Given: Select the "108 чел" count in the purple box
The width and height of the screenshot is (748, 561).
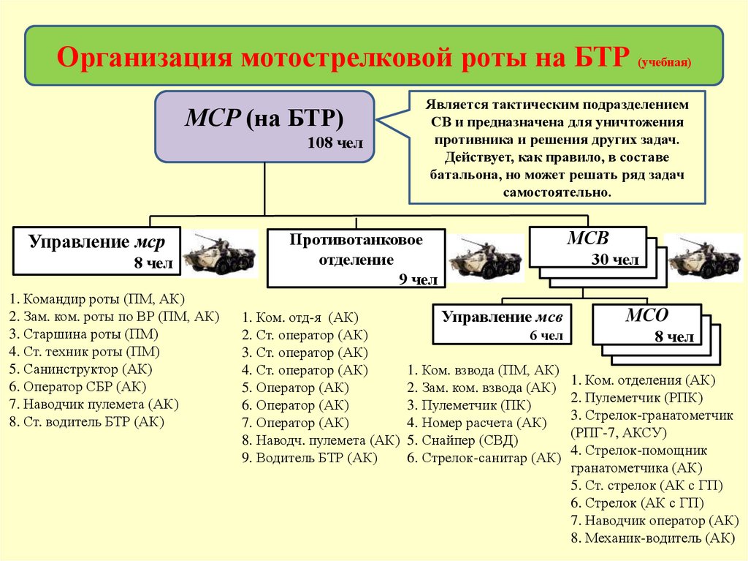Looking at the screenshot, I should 335,143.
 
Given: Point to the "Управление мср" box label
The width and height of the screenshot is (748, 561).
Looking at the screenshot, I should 97,242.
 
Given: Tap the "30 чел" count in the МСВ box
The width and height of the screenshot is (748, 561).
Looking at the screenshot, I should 615,259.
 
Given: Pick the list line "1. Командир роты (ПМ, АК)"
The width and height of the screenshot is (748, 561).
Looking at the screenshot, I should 97,298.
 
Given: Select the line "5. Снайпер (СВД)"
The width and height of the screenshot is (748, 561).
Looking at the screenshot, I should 462,440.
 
